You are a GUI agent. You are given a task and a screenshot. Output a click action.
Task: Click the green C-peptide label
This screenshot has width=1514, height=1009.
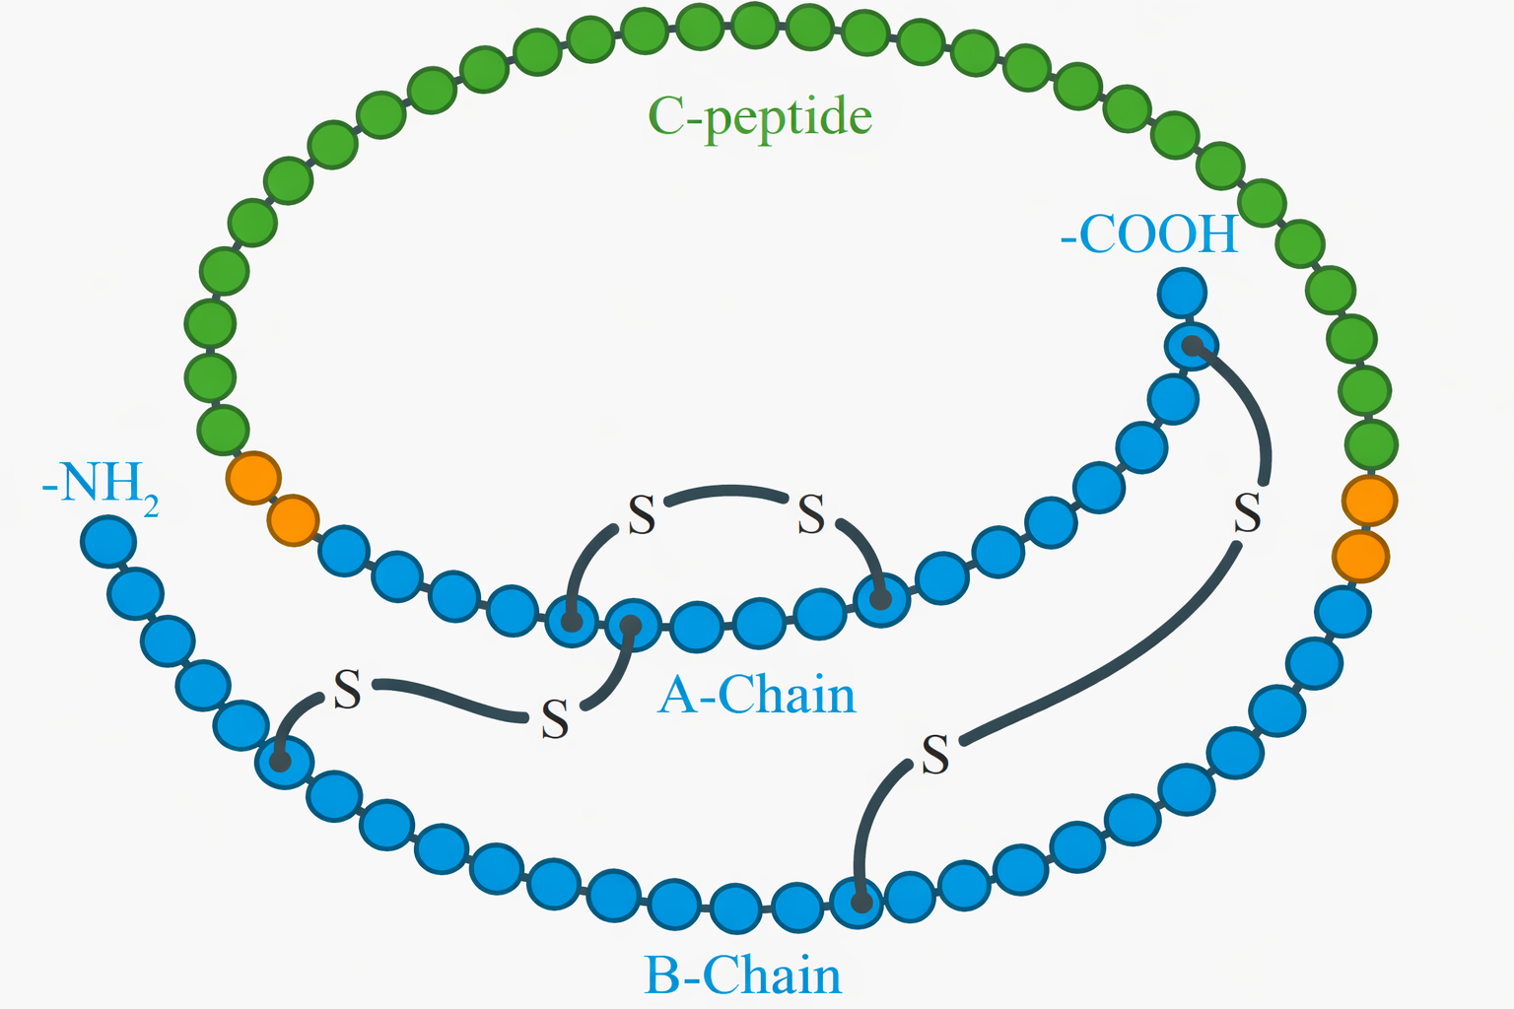click(x=760, y=118)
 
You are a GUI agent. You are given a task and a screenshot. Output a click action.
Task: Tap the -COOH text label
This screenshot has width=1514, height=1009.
click(x=1149, y=235)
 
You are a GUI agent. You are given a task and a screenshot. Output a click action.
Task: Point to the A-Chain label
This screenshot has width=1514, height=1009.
click(x=757, y=696)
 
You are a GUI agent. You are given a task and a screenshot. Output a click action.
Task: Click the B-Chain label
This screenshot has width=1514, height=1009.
click(x=742, y=975)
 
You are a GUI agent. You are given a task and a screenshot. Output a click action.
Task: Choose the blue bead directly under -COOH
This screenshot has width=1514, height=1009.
click(x=1181, y=292)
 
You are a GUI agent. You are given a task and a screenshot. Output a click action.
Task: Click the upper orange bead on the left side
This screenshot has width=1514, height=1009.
click(x=253, y=478)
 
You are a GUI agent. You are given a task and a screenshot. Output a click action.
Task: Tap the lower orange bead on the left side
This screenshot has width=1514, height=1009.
click(x=294, y=519)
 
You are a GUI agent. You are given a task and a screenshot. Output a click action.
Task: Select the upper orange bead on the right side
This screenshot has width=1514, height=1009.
click(x=1369, y=501)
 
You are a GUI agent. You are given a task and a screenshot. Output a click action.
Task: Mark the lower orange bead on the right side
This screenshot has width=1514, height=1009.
click(x=1360, y=557)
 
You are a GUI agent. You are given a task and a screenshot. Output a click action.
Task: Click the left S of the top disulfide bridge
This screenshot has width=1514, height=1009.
click(x=642, y=515)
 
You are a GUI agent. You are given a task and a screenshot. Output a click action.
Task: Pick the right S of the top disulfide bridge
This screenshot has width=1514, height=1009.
click(x=810, y=514)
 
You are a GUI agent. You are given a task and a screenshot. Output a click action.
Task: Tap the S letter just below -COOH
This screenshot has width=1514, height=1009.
click(x=1247, y=513)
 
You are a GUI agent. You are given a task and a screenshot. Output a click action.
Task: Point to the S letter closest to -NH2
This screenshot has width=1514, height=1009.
click(x=347, y=690)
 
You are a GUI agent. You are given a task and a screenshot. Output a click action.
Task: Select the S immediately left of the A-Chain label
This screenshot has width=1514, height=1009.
click(x=555, y=719)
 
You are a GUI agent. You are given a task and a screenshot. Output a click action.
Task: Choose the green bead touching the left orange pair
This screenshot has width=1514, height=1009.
click(x=223, y=431)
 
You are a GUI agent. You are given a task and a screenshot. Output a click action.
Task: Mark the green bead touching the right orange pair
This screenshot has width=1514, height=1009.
click(x=1371, y=444)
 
